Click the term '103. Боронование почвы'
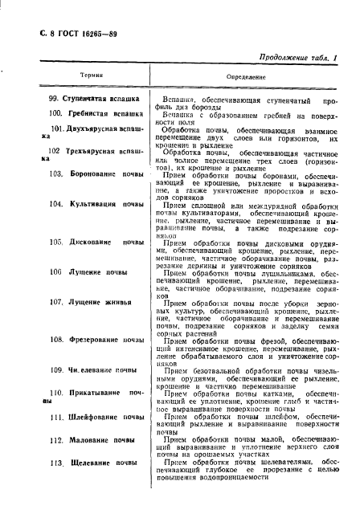[96, 173]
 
